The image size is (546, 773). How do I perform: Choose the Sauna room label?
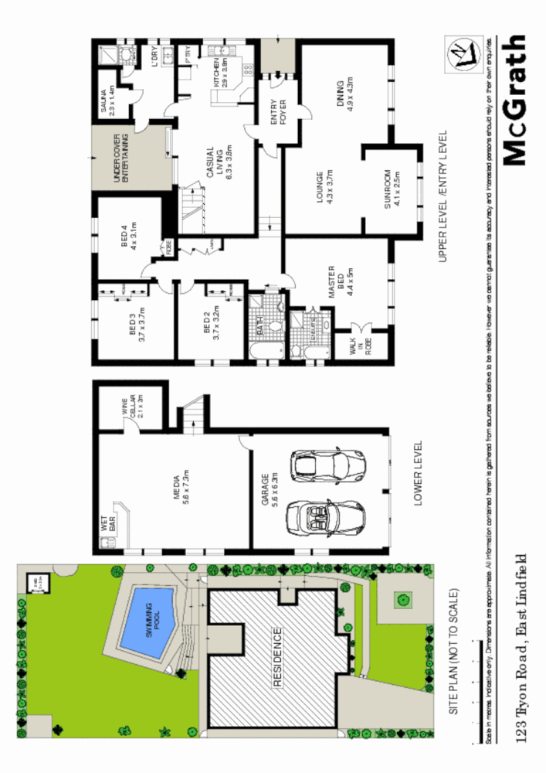pos(109,101)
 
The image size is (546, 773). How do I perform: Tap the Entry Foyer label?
pos(277,111)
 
